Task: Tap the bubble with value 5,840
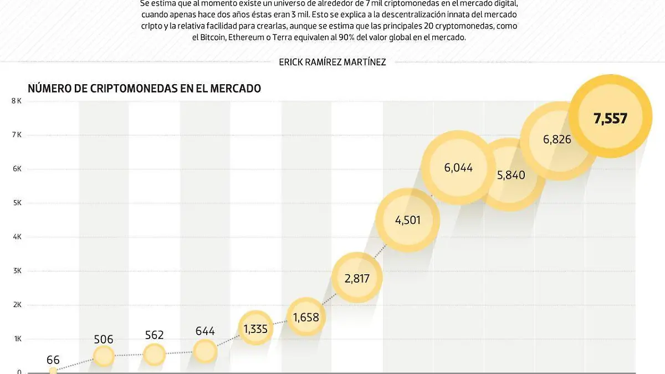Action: [x=510, y=175]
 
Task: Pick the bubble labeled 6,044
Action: [x=458, y=167]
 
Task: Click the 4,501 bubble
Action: [x=407, y=220]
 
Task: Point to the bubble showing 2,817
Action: [x=356, y=278]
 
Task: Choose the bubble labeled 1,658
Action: [x=306, y=317]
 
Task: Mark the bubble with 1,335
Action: [x=255, y=329]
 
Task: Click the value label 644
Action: [x=205, y=331]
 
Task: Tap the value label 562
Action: [x=154, y=335]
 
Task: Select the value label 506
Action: [x=104, y=339]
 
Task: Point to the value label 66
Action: [x=53, y=360]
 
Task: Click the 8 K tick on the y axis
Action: [x=16, y=101]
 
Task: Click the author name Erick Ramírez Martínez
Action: [x=332, y=62]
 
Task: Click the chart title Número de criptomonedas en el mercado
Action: [x=144, y=88]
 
